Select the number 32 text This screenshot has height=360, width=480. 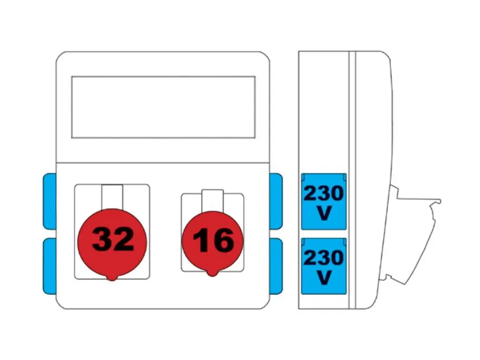click(113, 239)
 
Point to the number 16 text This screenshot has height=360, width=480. click(213, 240)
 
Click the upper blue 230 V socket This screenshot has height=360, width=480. click(323, 202)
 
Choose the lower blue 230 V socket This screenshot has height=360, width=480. click(323, 266)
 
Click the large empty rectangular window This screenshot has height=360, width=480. click(163, 107)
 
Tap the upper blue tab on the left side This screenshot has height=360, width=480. click(50, 201)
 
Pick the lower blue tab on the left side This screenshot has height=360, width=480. click(50, 266)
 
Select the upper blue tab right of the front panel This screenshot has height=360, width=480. click(276, 201)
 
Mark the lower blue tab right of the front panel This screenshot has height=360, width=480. click(276, 266)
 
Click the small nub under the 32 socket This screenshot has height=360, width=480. click(112, 278)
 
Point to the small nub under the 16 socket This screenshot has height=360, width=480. click(212, 273)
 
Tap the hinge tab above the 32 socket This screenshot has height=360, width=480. click(112, 197)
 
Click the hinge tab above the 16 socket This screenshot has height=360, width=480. click(212, 201)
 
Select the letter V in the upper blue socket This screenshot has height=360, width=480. click(324, 213)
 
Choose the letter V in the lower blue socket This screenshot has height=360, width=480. click(324, 277)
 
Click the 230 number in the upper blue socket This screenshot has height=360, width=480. click(323, 194)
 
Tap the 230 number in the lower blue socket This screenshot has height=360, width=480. click(323, 258)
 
